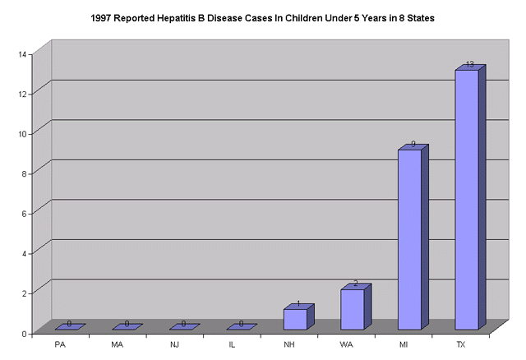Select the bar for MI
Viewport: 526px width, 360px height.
(409, 239)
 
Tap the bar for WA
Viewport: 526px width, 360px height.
(352, 309)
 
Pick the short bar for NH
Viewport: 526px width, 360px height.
(295, 319)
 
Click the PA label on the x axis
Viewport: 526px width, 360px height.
(60, 344)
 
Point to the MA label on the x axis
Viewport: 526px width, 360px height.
(118, 344)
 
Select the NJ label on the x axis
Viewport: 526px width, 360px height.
(175, 344)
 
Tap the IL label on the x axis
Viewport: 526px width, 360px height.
(232, 344)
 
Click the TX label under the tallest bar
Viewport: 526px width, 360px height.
(460, 344)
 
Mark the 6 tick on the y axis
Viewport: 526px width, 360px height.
(26, 214)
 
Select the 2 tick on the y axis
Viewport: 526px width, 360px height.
(26, 293)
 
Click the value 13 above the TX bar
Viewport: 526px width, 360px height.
(469, 64)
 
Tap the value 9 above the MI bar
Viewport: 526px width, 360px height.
(413, 144)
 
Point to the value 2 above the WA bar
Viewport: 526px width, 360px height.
(356, 284)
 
